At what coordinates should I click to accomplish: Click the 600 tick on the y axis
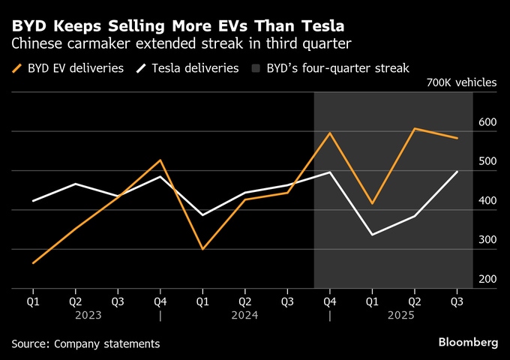(x=488, y=122)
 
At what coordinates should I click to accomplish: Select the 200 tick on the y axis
(x=488, y=279)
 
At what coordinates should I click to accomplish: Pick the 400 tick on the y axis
(x=488, y=201)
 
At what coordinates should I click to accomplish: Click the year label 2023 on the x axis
(x=88, y=316)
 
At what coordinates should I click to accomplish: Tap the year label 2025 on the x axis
(x=400, y=316)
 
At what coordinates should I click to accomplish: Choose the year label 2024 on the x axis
(x=245, y=316)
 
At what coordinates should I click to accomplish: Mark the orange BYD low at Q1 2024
(x=202, y=249)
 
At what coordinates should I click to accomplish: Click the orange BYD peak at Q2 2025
(x=415, y=128)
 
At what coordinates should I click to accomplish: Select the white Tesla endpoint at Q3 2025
(x=457, y=172)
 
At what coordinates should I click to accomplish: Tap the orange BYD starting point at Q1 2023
(x=33, y=263)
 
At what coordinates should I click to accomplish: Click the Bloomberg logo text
(x=468, y=342)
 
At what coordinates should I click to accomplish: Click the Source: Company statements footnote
(x=85, y=343)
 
